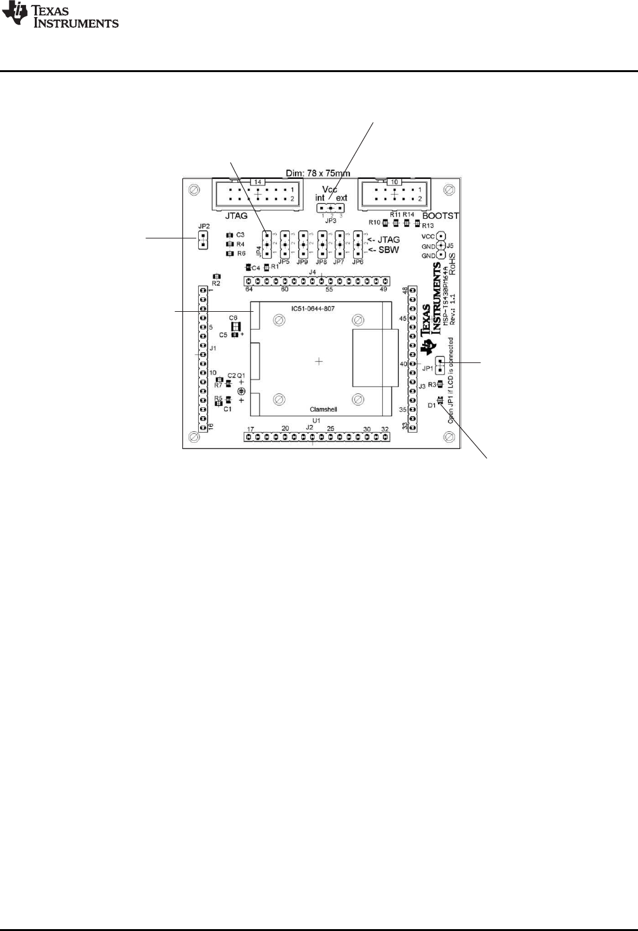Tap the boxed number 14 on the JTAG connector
(258, 182)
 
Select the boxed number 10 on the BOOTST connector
(394, 182)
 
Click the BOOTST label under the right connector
(440, 216)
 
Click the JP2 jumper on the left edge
(203, 238)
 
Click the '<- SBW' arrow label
(384, 250)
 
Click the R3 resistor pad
(440, 383)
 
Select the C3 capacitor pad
(229, 235)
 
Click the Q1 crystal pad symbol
(241, 392)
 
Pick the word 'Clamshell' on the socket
(323, 409)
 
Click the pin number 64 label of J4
(249, 289)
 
